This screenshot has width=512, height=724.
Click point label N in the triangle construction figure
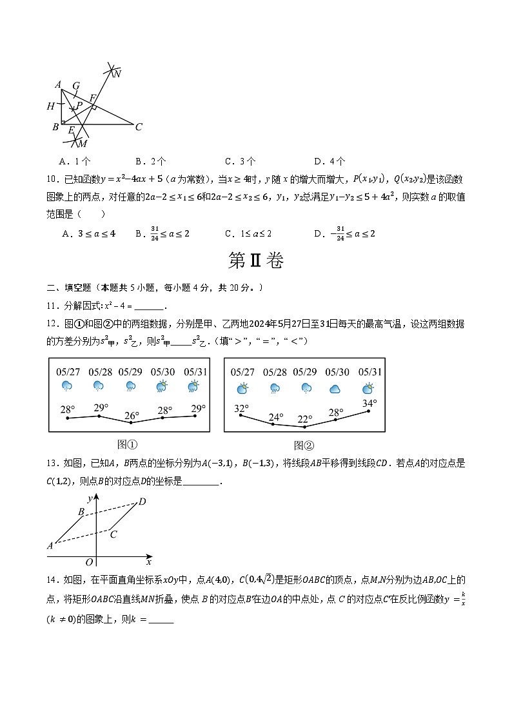click(x=117, y=74)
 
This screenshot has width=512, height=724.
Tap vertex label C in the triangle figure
click(x=139, y=127)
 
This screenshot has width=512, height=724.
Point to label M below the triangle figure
click(x=83, y=143)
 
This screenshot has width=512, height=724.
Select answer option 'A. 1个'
click(x=74, y=161)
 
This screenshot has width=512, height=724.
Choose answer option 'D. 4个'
click(x=330, y=161)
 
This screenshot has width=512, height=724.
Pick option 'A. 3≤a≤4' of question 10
click(x=88, y=233)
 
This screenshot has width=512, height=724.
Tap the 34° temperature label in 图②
click(x=369, y=404)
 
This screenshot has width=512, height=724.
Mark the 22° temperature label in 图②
click(x=305, y=418)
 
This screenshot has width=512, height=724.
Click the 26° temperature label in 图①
click(x=132, y=416)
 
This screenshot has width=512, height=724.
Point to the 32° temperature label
click(x=241, y=408)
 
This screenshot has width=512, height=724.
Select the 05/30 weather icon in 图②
click(x=335, y=389)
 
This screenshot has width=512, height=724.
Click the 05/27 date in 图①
click(x=68, y=372)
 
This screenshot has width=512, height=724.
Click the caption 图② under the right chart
click(x=303, y=445)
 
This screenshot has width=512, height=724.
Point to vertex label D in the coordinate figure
click(x=143, y=502)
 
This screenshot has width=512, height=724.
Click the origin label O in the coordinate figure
click(x=90, y=563)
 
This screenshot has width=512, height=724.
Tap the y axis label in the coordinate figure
click(x=90, y=499)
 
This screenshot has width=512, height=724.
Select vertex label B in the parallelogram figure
click(x=81, y=512)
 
